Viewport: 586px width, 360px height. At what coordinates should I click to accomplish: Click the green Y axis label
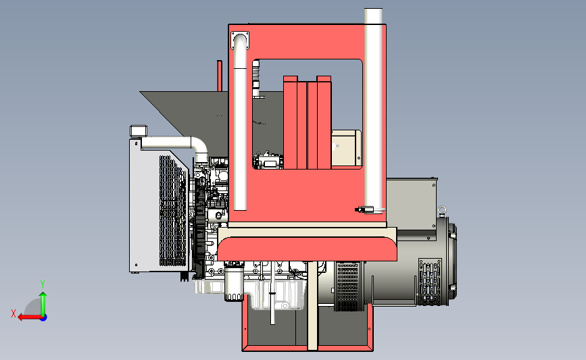(x=43, y=284)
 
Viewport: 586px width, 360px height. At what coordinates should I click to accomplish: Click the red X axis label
(x=14, y=313)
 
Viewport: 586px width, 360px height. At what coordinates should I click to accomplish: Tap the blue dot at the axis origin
(x=44, y=317)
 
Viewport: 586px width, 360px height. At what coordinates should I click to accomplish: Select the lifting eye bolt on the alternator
(x=442, y=211)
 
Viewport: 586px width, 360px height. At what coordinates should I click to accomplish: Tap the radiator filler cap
(x=139, y=131)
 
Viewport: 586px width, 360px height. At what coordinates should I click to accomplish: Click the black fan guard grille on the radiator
(x=172, y=210)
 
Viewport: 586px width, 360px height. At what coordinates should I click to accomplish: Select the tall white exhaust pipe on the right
(x=373, y=111)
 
